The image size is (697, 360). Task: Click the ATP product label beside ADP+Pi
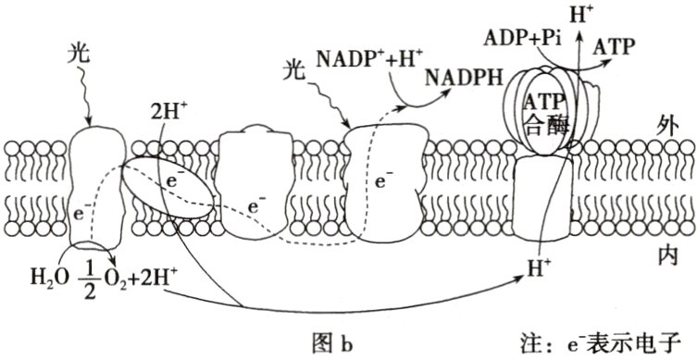coord(616,46)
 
